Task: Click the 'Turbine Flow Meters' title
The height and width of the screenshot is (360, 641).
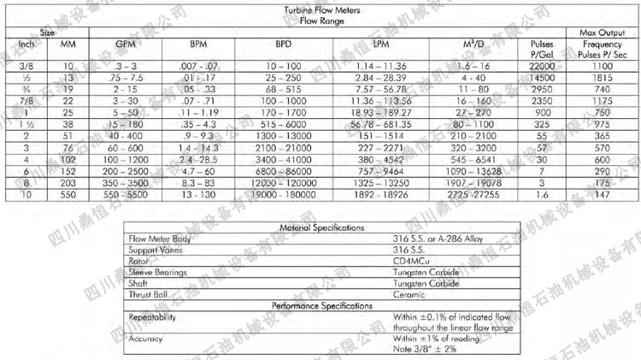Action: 322,11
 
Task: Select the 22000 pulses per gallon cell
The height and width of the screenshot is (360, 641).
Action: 542,65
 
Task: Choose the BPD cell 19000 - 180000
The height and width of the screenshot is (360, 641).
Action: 283,195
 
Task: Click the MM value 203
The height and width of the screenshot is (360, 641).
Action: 68,182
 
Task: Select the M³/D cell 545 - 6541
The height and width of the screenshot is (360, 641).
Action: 474,158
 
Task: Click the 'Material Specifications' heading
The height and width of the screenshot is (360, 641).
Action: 321,228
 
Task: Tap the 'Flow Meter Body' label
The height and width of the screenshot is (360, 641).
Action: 159,240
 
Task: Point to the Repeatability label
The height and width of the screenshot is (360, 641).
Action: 154,316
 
